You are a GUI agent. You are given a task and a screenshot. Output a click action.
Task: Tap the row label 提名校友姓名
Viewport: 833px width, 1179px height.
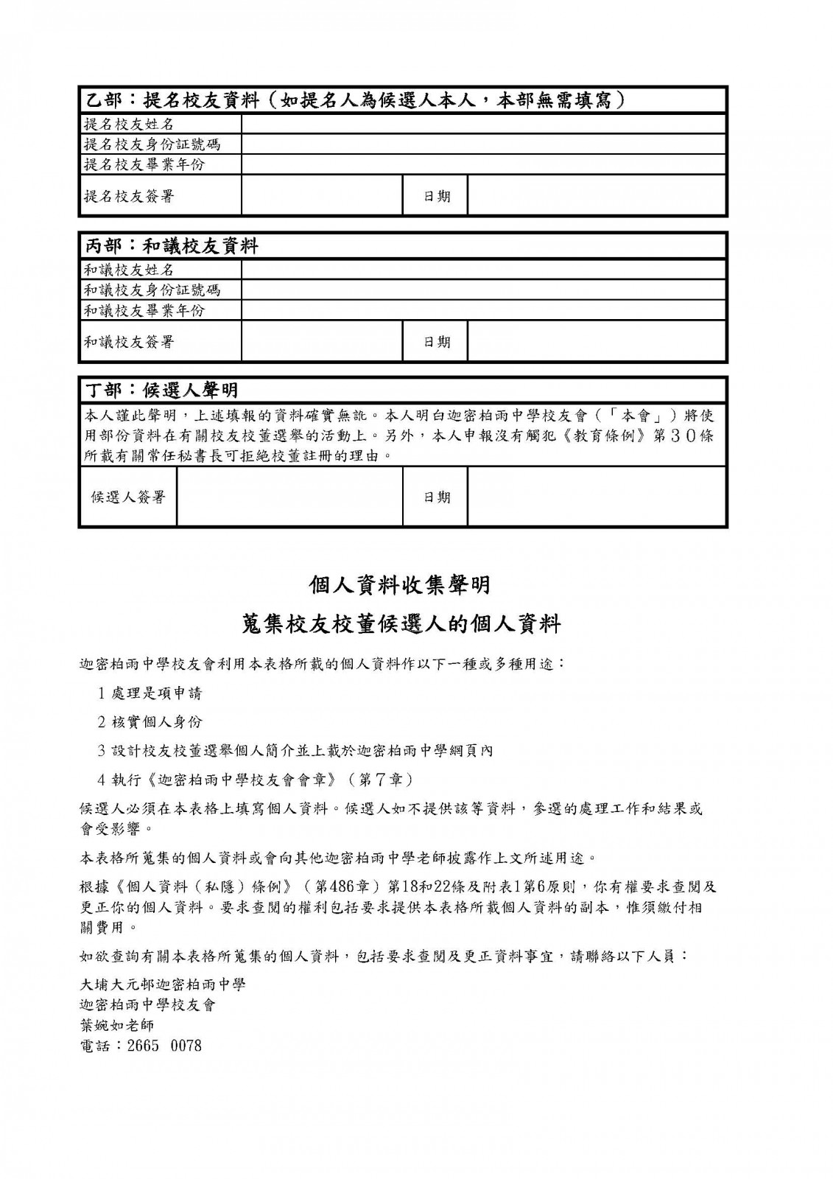point(129,124)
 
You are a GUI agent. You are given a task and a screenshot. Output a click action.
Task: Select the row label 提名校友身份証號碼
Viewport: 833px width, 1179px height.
point(152,144)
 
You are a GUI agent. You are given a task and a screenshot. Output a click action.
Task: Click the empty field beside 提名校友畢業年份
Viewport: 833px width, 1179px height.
point(484,164)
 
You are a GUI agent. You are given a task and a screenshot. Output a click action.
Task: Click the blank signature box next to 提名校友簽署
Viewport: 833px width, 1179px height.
point(322,196)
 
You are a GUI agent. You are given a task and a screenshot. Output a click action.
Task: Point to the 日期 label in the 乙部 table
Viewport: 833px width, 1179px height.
point(436,196)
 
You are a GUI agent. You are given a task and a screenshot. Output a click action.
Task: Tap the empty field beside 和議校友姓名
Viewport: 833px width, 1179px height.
point(484,270)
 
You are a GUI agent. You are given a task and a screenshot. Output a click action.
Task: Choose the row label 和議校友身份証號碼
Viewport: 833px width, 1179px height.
point(152,290)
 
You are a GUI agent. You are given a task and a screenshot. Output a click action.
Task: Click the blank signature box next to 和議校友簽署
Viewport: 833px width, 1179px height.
point(322,342)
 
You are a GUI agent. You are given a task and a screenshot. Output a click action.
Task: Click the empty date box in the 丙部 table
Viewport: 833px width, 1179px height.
point(597,342)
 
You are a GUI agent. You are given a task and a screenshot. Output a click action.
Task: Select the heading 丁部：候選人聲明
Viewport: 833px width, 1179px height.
point(163,389)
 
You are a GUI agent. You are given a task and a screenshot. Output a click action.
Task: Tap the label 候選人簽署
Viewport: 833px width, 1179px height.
point(128,497)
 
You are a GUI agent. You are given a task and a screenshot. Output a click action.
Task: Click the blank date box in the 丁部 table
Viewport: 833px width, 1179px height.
point(597,497)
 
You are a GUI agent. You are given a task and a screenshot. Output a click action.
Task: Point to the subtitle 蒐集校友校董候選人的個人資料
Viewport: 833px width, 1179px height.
point(401,624)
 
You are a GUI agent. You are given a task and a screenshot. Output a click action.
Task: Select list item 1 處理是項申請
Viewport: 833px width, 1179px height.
point(150,693)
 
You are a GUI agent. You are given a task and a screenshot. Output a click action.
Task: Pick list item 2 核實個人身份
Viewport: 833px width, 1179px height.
point(150,721)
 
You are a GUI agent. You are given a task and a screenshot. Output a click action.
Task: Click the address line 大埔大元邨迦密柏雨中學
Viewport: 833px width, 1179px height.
point(162,984)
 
